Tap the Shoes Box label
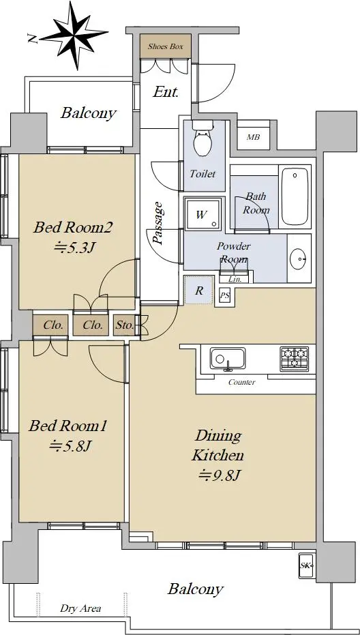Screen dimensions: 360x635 [166, 46]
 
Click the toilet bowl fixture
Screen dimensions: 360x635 [203, 140]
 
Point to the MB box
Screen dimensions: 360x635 [254, 137]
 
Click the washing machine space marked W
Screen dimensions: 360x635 [202, 214]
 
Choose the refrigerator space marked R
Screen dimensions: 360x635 [198, 290]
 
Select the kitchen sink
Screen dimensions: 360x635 [228, 358]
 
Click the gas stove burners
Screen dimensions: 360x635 [295, 359]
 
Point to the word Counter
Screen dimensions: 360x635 [242, 382]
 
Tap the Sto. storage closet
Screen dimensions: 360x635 [125, 325]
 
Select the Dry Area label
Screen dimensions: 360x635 [80, 608]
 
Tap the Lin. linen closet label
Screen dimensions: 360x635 [235, 279]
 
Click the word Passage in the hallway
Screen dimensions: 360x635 [158, 224]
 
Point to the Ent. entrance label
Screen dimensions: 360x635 [166, 92]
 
